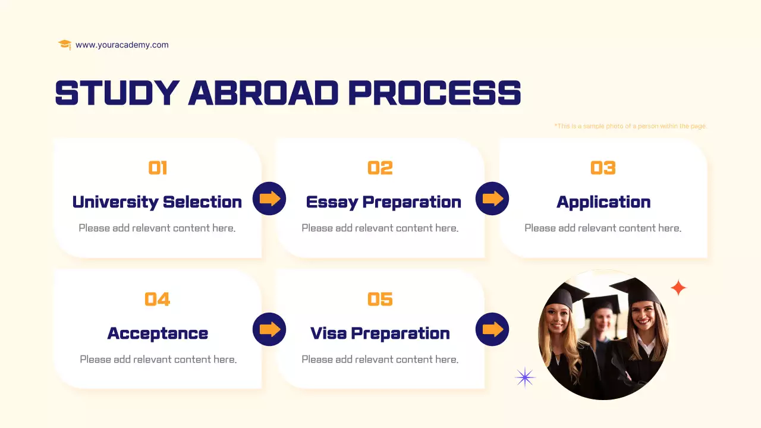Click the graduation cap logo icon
tap(65, 45)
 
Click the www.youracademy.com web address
tap(122, 45)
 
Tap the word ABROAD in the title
tap(263, 93)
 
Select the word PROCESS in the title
tap(434, 93)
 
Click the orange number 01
tap(158, 168)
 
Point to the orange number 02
tap(380, 168)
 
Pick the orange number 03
tap(603, 168)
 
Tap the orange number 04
tap(158, 299)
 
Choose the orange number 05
tap(380, 299)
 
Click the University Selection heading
tap(157, 202)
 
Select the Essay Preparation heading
tap(383, 202)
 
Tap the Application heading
tap(603, 202)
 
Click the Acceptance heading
tap(158, 333)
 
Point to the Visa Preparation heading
tap(380, 333)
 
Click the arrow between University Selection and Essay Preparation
tap(269, 199)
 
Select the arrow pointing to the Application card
tap(492, 199)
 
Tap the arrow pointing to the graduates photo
tap(492, 329)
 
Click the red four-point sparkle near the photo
tap(678, 288)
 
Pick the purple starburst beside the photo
tap(525, 377)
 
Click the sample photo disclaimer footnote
tap(630, 126)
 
